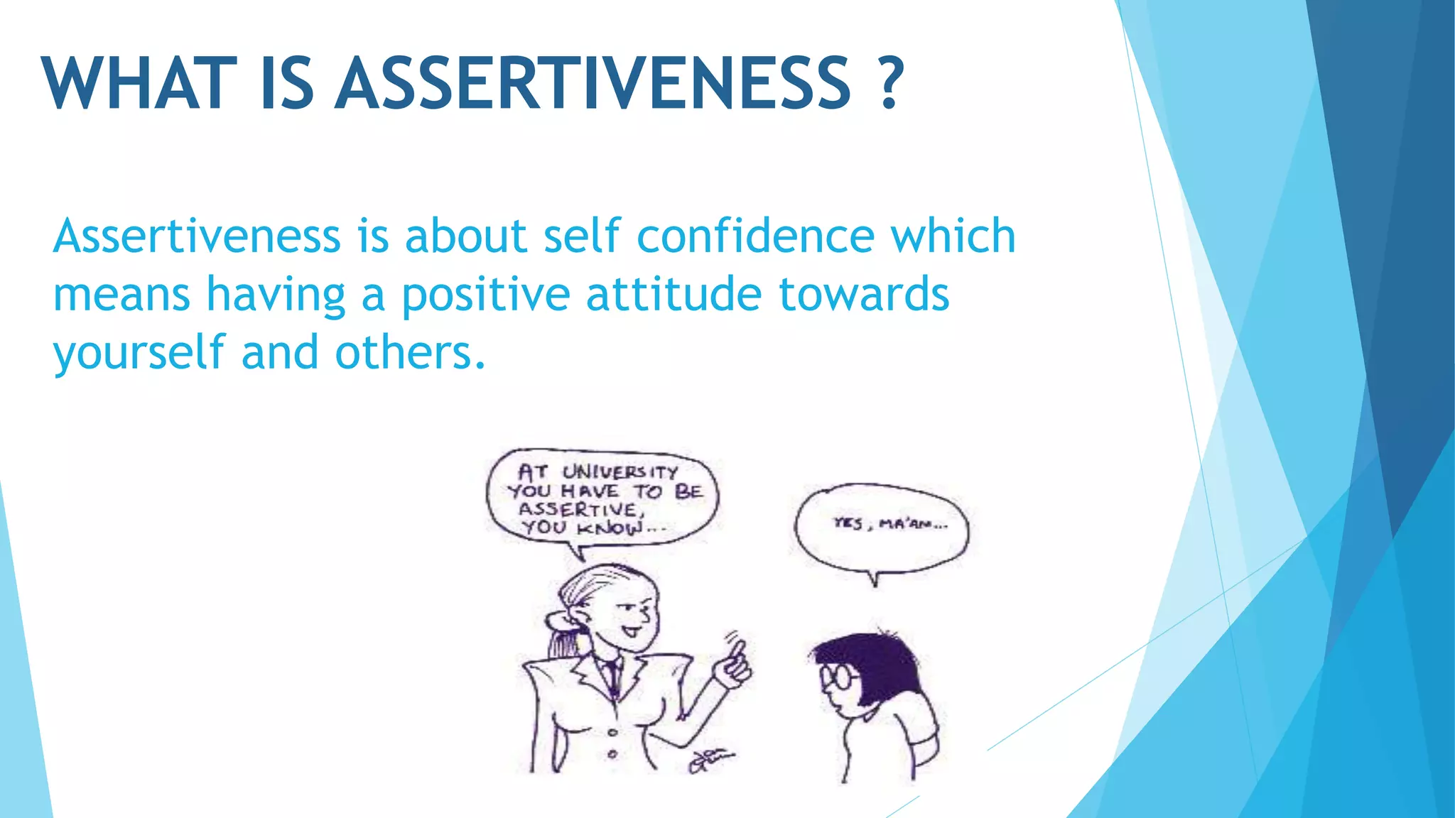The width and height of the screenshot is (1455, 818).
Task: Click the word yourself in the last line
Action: (x=138, y=353)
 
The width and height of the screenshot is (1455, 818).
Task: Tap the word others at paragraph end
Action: (x=410, y=353)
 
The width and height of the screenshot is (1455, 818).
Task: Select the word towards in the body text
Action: (x=864, y=295)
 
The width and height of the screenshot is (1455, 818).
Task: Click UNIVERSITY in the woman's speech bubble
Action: (x=620, y=472)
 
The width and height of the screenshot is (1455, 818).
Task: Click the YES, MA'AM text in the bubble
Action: (x=889, y=525)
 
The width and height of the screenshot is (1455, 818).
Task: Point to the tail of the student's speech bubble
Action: (x=875, y=578)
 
